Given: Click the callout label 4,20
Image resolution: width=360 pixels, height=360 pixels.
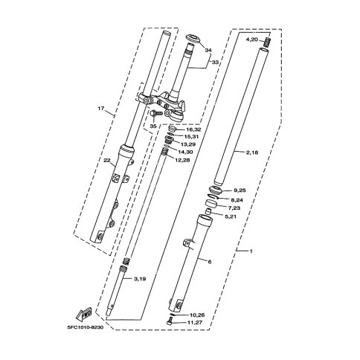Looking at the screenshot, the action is tap(252, 39).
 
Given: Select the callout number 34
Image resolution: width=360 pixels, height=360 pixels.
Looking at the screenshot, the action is tap(208, 51).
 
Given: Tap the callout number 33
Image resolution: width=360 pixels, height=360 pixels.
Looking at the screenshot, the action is tap(215, 62).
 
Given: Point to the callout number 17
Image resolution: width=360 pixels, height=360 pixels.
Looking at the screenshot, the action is tap(100, 109).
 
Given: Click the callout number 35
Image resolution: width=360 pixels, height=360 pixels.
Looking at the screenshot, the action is tap(153, 126).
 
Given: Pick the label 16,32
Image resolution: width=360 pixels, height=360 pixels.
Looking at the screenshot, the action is tap(193, 129).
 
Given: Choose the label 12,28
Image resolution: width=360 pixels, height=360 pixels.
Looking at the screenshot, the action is tap(182, 160).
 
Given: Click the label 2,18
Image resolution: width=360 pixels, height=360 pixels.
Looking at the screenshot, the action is tap(252, 152).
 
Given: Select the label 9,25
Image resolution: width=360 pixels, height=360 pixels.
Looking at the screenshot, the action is tap(240, 190).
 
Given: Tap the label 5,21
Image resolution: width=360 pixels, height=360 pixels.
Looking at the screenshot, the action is tap(231, 216).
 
